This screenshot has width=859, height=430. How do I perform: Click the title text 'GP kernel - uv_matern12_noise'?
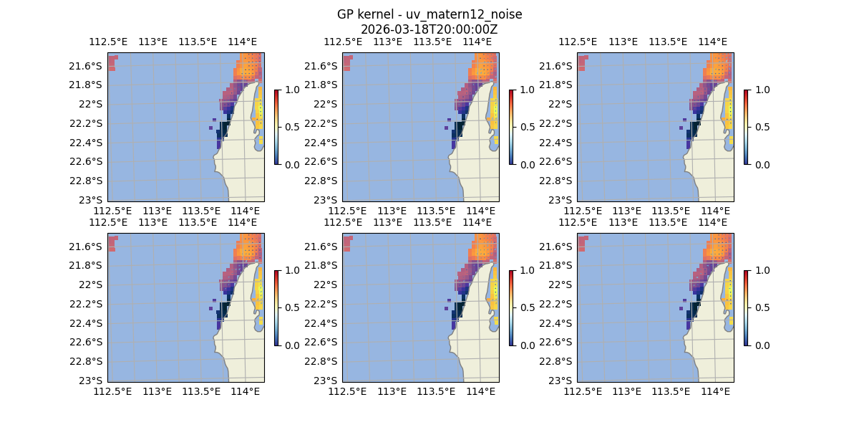[429, 15]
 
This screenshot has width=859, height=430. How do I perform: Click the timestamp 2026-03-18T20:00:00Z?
[429, 29]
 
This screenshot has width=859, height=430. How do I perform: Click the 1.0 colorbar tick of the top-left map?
[291, 90]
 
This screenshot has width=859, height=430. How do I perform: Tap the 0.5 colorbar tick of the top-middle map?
[525, 127]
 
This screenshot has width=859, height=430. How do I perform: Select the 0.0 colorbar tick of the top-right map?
[760, 165]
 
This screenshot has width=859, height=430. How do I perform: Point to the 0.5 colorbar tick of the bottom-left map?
[291, 307]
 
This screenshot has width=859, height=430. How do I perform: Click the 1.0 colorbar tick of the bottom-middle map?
[525, 270]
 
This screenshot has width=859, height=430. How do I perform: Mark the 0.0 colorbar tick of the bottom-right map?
[760, 345]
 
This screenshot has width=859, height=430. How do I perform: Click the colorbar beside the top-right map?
[746, 127]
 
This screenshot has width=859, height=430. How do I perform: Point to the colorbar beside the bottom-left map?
[276, 307]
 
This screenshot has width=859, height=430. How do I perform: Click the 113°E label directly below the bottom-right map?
[627, 391]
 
